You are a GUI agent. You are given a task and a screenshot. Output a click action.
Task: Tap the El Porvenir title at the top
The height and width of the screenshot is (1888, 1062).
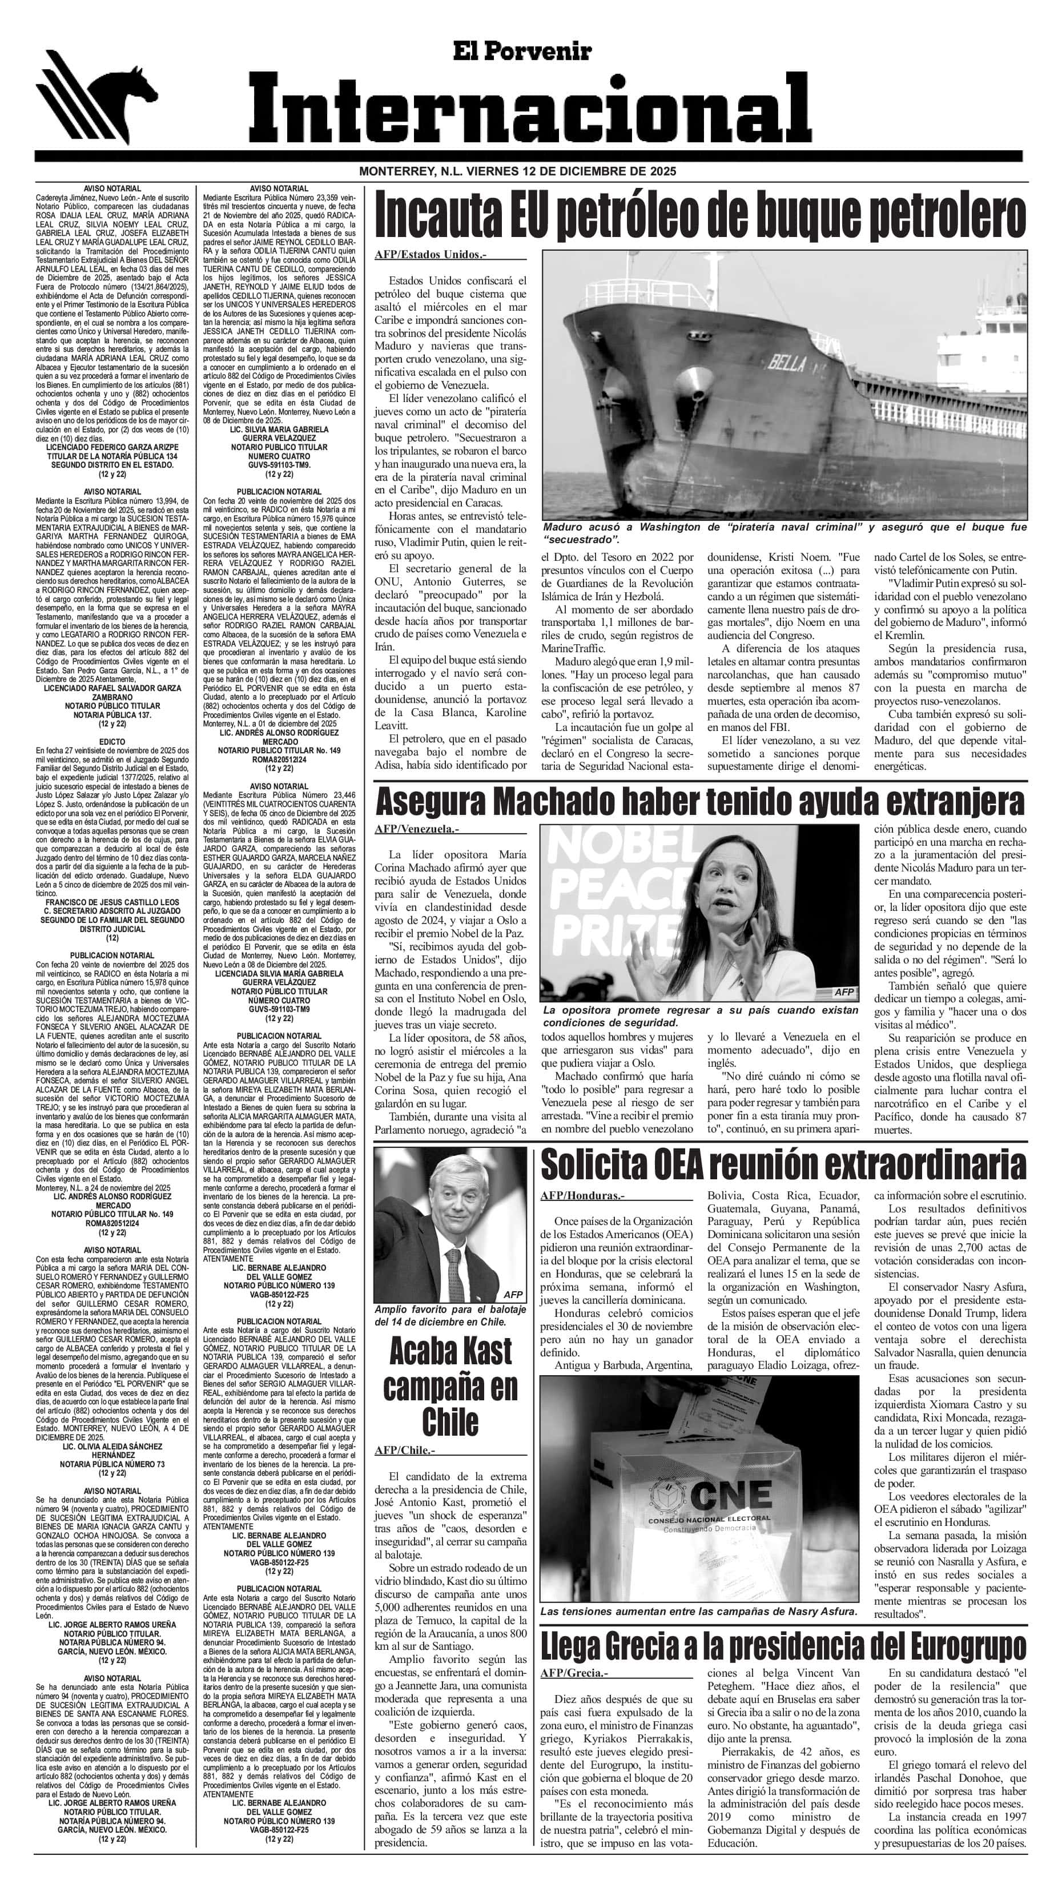pyautogui.click(x=521, y=51)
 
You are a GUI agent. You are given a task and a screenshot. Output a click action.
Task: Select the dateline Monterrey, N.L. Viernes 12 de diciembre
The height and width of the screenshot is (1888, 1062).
pyautogui.click(x=516, y=171)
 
